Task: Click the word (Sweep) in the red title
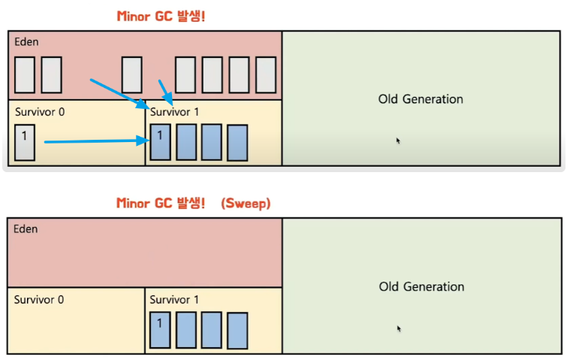(x=246, y=203)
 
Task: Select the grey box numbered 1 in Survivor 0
(x=25, y=143)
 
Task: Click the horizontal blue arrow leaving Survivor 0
(x=97, y=141)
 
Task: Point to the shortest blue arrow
(x=166, y=92)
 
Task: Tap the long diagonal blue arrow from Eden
(x=120, y=94)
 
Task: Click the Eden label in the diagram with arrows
(x=26, y=42)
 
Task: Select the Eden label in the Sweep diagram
(x=26, y=229)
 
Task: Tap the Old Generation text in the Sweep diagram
(x=421, y=286)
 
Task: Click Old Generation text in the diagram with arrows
(x=421, y=99)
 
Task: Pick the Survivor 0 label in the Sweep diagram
(x=39, y=300)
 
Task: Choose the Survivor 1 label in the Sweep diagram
(x=174, y=300)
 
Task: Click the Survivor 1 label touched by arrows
(x=174, y=112)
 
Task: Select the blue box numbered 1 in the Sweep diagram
(x=160, y=330)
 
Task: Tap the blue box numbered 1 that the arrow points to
(x=160, y=142)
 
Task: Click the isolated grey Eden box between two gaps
(x=131, y=74)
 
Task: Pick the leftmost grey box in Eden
(x=25, y=74)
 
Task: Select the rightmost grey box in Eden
(x=266, y=74)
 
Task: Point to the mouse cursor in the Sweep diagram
(x=399, y=328)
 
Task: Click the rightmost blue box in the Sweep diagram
(x=237, y=331)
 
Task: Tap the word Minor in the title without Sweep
(x=133, y=17)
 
